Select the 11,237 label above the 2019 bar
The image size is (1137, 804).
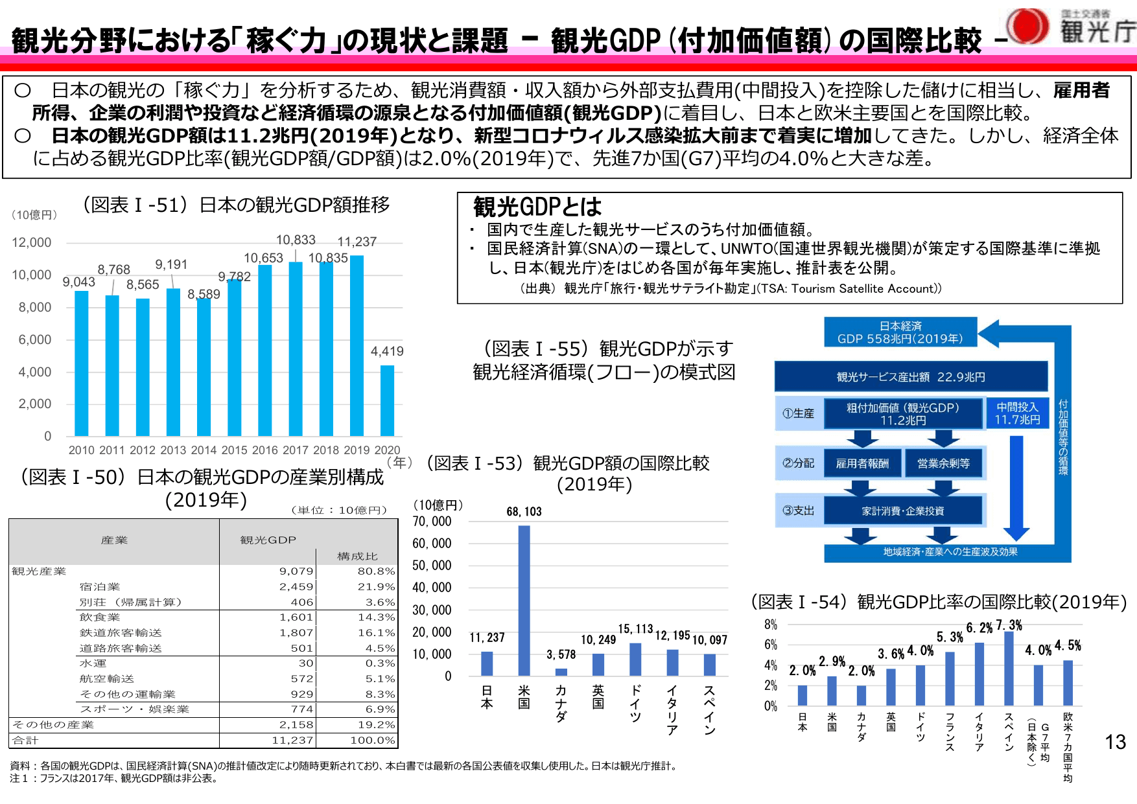[357, 242]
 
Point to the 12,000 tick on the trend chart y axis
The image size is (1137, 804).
[32, 242]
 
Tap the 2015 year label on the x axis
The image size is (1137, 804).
[234, 450]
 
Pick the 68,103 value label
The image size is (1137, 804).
[524, 512]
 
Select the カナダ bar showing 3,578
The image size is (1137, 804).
[561, 672]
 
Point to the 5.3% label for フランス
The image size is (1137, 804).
[950, 637]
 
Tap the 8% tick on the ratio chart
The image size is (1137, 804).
[770, 625]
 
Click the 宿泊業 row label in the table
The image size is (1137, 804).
[100, 587]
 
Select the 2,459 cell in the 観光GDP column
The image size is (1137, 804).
[296, 587]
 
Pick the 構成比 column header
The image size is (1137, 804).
[357, 557]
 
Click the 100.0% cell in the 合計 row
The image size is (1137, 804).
[373, 741]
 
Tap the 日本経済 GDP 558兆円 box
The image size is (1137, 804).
[900, 332]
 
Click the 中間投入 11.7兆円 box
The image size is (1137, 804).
[1017, 413]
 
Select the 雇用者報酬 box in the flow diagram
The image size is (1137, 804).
[862, 463]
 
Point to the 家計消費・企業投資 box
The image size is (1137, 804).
[902, 511]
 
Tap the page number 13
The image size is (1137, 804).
[1115, 742]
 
